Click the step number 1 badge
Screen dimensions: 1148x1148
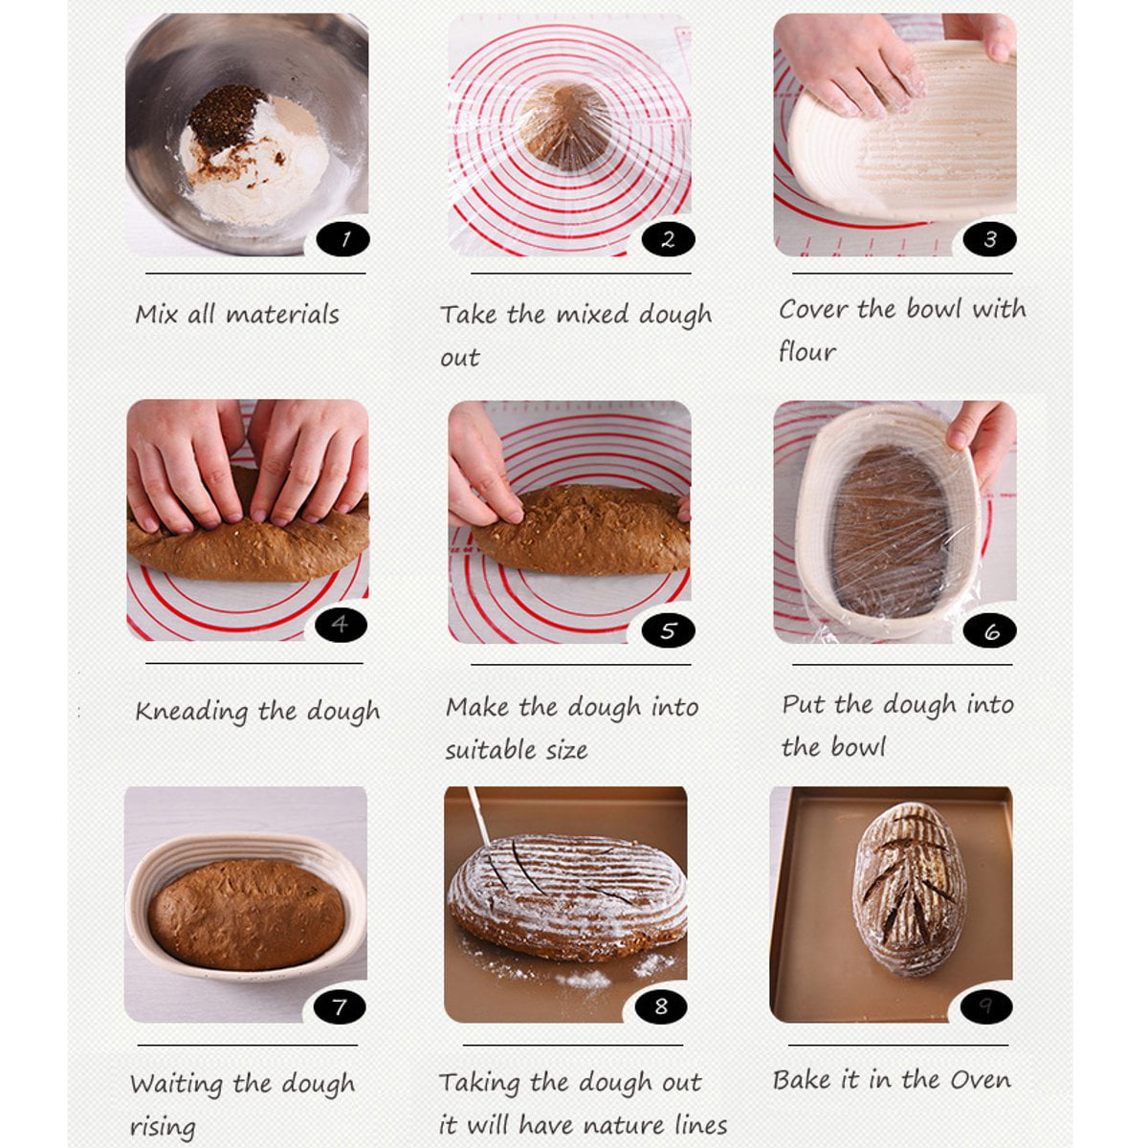[343, 238]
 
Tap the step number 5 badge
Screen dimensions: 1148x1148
[668, 629]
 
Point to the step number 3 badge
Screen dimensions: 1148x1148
[989, 238]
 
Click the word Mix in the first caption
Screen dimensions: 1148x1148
[156, 314]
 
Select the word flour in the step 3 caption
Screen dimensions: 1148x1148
[806, 351]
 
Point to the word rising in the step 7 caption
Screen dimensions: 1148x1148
[163, 1127]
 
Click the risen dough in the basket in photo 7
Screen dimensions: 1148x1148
[246, 914]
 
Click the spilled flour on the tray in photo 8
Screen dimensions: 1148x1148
[584, 979]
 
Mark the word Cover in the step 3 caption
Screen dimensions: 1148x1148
[813, 309]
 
